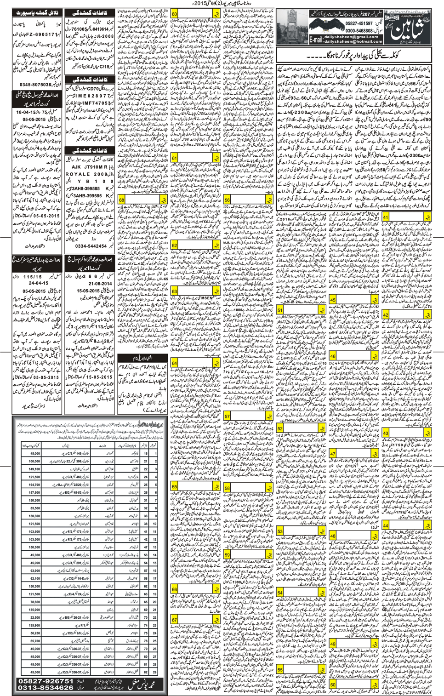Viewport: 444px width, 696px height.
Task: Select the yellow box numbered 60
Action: [x=175, y=14]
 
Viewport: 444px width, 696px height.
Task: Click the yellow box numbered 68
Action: [x=122, y=200]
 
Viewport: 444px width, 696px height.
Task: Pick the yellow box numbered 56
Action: [x=227, y=200]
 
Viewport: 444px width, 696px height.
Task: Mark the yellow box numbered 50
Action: [x=333, y=685]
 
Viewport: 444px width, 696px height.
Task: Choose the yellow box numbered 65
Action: [x=175, y=486]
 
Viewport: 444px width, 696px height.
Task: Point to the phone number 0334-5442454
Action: [x=91, y=246]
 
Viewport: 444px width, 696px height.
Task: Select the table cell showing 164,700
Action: [x=34, y=484]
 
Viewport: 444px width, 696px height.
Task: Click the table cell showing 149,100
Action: [x=34, y=469]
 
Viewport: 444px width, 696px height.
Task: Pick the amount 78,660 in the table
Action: [x=34, y=601]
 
